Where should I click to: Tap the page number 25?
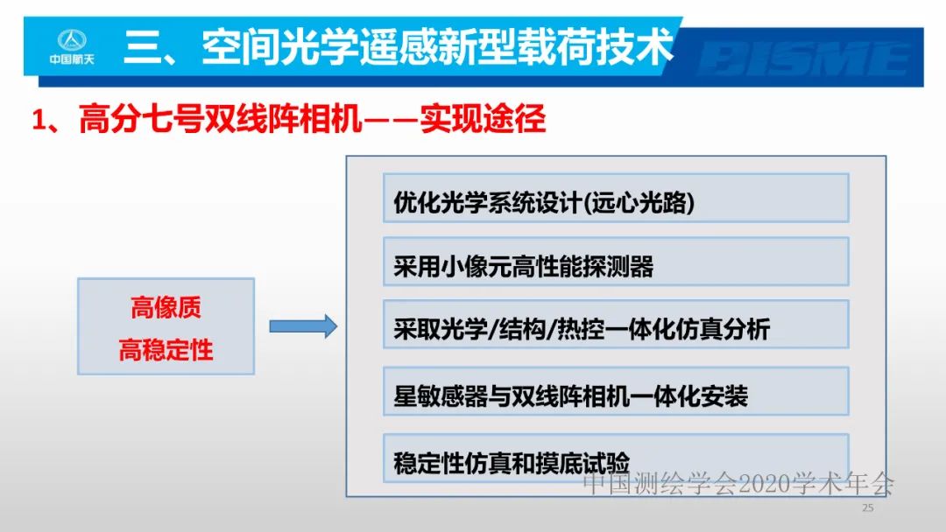click(868, 508)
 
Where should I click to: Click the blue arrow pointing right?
click(302, 326)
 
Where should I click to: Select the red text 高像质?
click(166, 308)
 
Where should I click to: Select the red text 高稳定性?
click(166, 351)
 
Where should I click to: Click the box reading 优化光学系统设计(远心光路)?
click(616, 199)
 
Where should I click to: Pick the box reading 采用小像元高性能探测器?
click(616, 262)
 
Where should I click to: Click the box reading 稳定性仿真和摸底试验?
click(616, 458)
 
